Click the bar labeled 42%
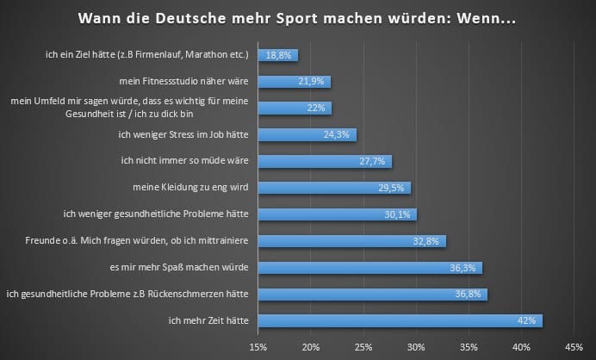(400, 321)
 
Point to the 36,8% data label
(469, 295)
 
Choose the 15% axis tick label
(258, 348)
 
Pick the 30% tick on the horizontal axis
(416, 348)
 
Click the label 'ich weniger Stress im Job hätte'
(183, 135)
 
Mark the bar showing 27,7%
(325, 161)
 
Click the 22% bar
(295, 109)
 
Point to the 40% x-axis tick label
(521, 348)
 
